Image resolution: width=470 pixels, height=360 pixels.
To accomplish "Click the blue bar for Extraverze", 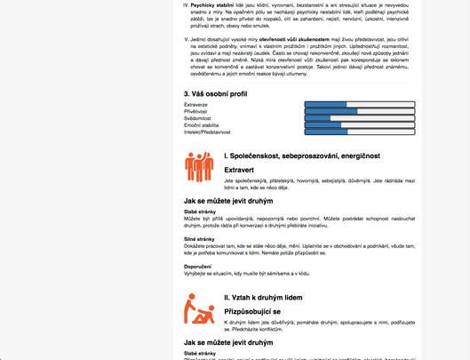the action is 326,104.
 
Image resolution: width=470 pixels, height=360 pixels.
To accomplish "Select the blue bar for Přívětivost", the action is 331,111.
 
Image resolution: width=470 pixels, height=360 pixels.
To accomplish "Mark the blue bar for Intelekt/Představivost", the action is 326,132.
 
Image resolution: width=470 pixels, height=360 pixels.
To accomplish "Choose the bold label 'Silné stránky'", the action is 200,239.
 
